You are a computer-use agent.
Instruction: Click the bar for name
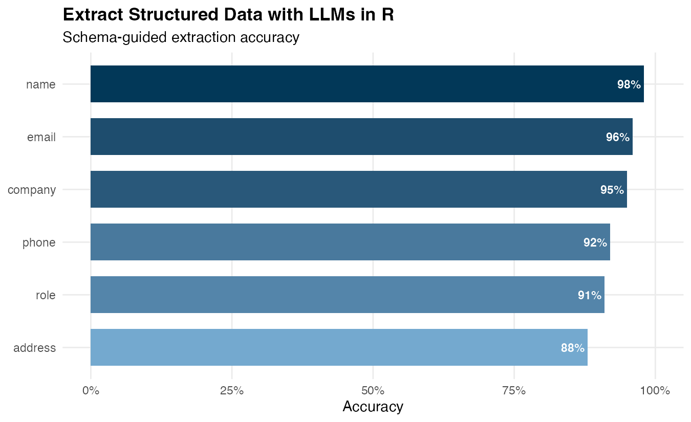point(358,84)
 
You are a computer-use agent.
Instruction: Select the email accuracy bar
point(358,137)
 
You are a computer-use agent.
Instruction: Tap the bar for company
point(358,189)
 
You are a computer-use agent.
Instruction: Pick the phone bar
point(348,242)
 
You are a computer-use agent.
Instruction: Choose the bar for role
point(348,295)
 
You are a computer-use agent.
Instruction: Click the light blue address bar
point(338,347)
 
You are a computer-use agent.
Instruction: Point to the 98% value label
point(629,85)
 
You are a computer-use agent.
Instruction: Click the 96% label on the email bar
point(618,138)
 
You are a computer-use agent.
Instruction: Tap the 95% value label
point(612,190)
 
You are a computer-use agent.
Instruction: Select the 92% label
point(595,243)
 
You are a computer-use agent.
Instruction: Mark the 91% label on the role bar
point(590,296)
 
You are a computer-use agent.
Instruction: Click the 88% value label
point(573,348)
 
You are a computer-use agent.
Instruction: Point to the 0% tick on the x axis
point(91,391)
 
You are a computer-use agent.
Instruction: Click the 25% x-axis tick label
point(232,391)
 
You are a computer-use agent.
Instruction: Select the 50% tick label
point(373,391)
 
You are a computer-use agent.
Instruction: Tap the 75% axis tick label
point(514,391)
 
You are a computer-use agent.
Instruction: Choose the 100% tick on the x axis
point(655,391)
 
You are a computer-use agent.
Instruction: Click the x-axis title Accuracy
point(373,407)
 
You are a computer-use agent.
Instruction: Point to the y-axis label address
point(34,348)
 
